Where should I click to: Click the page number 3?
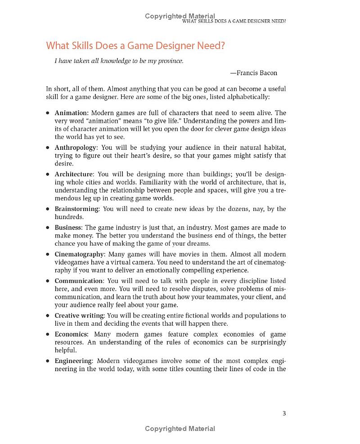[x=284, y=413]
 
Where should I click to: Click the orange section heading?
[x=135, y=46]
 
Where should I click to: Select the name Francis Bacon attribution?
[x=256, y=73]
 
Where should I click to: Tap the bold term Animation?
[x=71, y=113]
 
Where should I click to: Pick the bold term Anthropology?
[x=75, y=148]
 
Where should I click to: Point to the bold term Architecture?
[x=74, y=174]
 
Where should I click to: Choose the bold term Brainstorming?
[x=76, y=209]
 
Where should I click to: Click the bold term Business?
[x=68, y=228]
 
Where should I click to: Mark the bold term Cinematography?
[x=79, y=254]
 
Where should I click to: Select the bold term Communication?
[x=79, y=281]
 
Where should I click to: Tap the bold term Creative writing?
[x=79, y=315]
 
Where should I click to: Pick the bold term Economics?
[x=71, y=334]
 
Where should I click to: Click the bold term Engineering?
[x=73, y=361]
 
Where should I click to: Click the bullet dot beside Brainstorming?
[x=48, y=209]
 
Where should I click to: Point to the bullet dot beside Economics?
[x=48, y=335]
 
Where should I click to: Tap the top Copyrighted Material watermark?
[x=180, y=16]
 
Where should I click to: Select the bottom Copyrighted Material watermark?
[x=180, y=429]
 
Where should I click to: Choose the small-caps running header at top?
[x=234, y=21]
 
